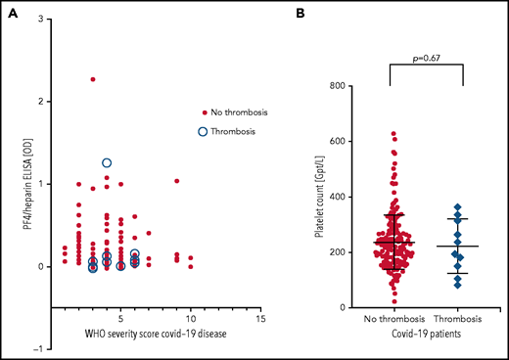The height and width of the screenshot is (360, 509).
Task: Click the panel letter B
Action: pyautogui.click(x=287, y=12)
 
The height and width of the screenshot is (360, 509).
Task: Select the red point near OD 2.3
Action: pyautogui.click(x=93, y=79)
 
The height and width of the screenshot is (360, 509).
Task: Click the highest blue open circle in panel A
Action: pyautogui.click(x=107, y=162)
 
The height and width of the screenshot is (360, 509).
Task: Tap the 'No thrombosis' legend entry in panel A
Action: pyautogui.click(x=234, y=112)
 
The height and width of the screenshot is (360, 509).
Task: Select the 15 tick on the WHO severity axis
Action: pyautogui.click(x=260, y=318)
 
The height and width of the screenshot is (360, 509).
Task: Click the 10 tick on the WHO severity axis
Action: pyautogui.click(x=190, y=318)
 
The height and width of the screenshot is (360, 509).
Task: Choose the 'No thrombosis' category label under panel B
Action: pyautogui.click(x=391, y=320)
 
